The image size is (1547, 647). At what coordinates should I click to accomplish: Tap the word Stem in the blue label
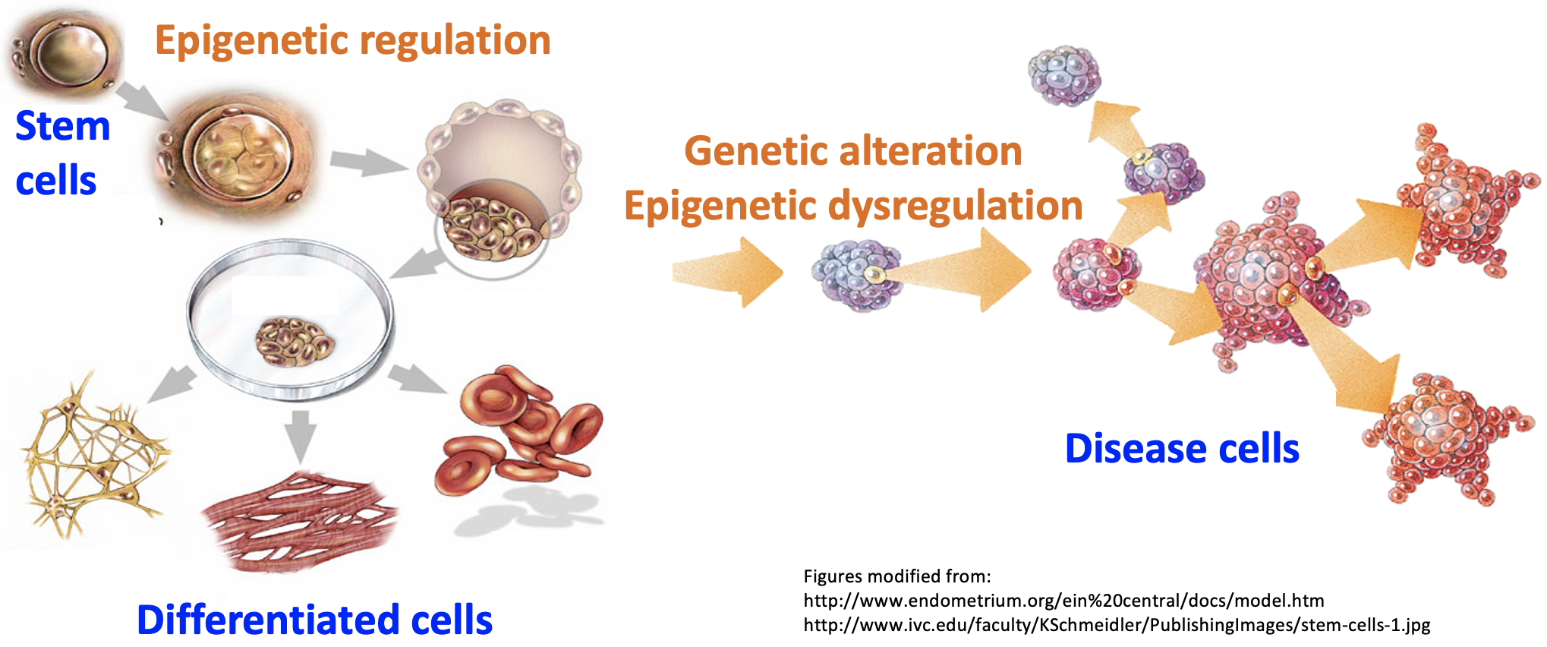click(x=63, y=126)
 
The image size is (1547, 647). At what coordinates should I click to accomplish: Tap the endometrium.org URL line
click(x=1063, y=601)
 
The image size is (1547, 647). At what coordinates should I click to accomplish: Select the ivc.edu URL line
click(x=1117, y=625)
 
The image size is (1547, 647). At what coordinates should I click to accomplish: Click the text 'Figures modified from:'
click(x=896, y=576)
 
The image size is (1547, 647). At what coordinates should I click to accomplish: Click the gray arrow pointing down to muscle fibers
click(x=301, y=435)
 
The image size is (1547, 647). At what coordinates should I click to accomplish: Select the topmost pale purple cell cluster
click(x=1064, y=76)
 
